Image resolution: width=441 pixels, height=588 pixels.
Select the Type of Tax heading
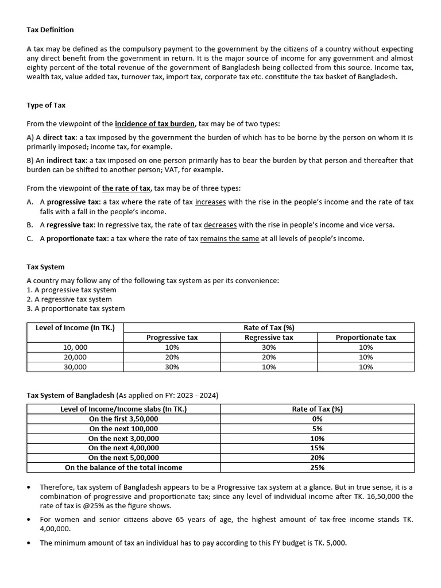coord(46,105)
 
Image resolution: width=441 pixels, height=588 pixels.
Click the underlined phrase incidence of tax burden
coord(155,123)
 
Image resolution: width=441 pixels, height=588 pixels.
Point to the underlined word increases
coord(210,202)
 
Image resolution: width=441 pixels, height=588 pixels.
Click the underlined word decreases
coord(220,225)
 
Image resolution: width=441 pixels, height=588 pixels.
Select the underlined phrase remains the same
coord(230,238)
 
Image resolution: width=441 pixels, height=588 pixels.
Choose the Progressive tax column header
coord(172,338)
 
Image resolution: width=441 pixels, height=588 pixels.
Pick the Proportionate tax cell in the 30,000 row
coord(365,367)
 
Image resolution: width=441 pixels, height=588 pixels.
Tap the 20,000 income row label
coord(75,357)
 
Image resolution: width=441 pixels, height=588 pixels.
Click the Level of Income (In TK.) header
coord(75,328)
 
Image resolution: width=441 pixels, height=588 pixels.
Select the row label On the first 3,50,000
coord(123,419)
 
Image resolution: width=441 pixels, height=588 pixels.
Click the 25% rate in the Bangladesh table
coord(317,467)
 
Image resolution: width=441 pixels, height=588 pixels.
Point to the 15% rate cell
coord(317,448)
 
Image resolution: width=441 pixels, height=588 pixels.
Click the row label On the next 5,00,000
coord(123,458)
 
